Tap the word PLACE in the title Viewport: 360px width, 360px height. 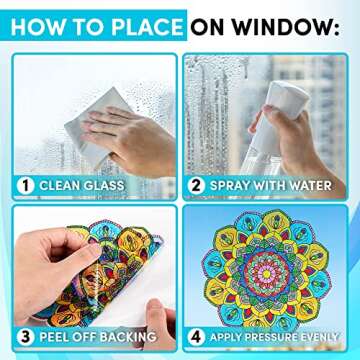(142, 26)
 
